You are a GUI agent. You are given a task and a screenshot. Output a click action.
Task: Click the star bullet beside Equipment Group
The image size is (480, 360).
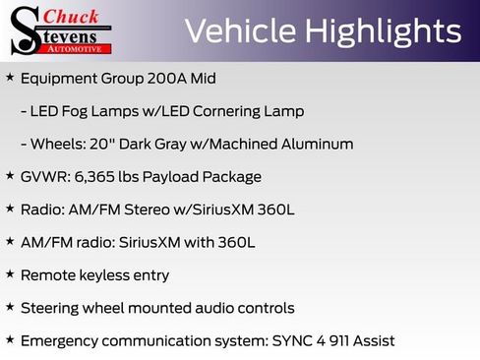(x=10, y=77)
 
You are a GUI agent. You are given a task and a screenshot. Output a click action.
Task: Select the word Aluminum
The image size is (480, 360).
(x=311, y=144)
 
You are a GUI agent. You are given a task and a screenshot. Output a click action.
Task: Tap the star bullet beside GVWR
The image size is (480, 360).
(x=10, y=176)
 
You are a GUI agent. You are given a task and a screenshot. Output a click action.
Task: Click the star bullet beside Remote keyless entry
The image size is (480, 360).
(x=10, y=274)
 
